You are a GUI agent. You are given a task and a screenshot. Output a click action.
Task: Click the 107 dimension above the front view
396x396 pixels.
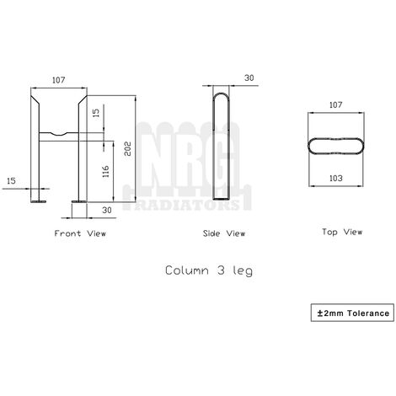click(58, 81)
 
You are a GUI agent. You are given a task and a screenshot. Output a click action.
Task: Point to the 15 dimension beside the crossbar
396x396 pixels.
click(95, 112)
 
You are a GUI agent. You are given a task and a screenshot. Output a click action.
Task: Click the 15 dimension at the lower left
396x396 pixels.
click(11, 180)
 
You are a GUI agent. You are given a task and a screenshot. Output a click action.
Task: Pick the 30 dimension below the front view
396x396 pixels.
click(107, 209)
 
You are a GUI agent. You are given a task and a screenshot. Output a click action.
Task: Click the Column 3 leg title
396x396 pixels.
click(208, 270)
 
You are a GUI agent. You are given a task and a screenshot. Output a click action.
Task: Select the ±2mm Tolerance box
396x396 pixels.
click(353, 313)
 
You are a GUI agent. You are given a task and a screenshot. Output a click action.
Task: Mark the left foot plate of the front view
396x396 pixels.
click(39, 201)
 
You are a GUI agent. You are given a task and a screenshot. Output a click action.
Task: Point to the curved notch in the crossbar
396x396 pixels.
click(59, 133)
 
